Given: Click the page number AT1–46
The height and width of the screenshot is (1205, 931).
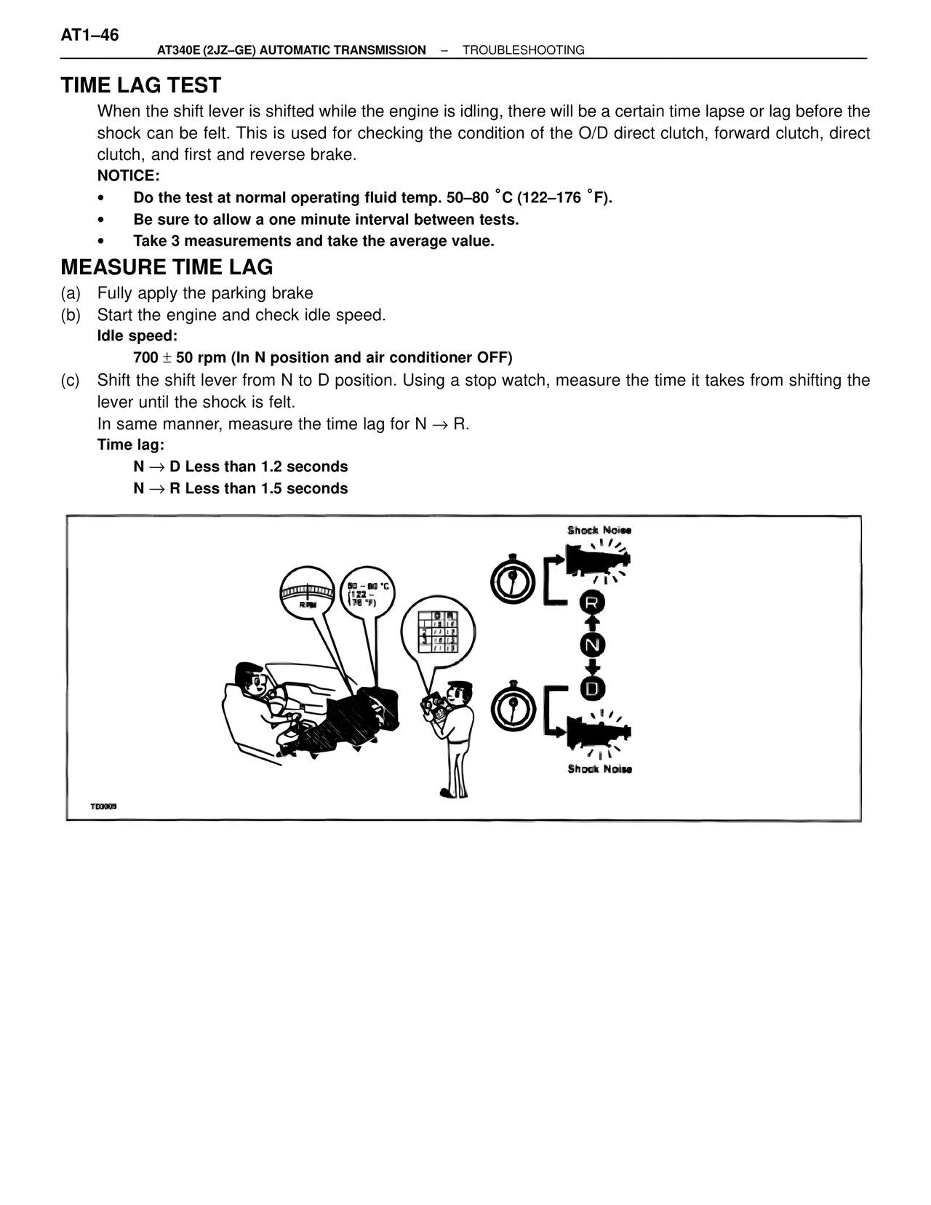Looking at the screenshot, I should click(x=90, y=35).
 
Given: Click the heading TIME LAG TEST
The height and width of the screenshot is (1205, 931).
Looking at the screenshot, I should click(x=141, y=86).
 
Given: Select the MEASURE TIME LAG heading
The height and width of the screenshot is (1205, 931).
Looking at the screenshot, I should click(x=167, y=267).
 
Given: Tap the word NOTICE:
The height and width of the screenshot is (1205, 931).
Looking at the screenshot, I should click(x=128, y=176).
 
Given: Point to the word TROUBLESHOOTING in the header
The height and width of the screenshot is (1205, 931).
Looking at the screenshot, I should click(x=523, y=50).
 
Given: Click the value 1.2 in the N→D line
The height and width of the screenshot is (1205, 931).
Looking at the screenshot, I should click(x=271, y=466).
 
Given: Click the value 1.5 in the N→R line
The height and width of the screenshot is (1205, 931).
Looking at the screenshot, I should click(x=271, y=488).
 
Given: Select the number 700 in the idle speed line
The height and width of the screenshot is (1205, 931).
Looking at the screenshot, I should click(x=145, y=358).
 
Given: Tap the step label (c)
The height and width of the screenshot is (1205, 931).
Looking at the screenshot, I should click(x=71, y=380).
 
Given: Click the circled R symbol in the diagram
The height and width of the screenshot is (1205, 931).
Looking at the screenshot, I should click(x=592, y=602).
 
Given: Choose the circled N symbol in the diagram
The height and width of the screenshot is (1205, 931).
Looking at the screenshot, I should click(x=592, y=645).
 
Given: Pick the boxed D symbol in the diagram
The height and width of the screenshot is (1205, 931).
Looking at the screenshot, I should click(x=592, y=688).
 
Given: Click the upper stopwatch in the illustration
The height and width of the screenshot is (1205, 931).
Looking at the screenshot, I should click(x=514, y=580).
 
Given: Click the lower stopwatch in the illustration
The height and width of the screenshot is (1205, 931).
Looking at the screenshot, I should click(x=514, y=708).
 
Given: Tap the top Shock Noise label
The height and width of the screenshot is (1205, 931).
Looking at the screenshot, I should click(x=599, y=530).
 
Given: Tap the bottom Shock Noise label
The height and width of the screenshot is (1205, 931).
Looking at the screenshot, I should click(x=599, y=769).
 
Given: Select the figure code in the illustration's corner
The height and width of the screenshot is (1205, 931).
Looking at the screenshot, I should click(x=103, y=806).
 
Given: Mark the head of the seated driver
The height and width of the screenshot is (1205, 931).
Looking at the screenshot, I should click(x=252, y=678).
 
